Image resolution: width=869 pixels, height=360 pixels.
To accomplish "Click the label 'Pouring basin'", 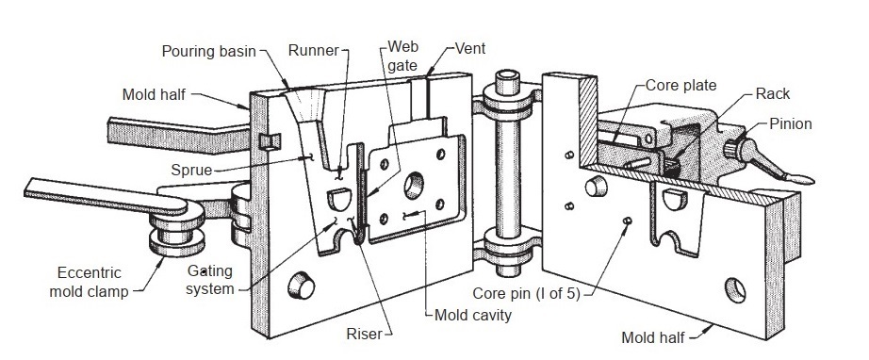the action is pos(208,52).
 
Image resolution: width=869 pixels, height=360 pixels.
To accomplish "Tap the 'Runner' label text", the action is pos(313,50).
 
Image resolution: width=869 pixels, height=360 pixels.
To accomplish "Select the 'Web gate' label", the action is pos(402,56).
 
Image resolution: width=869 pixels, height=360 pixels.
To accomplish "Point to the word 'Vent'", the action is pos(470,49).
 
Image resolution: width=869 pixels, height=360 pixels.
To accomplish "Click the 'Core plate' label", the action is pos(681,86).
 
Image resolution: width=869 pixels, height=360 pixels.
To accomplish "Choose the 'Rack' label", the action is pos(773,94).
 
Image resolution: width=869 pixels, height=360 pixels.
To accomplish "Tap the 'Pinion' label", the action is pos(791,124).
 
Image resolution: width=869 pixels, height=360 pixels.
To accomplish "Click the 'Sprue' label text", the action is pos(191,170).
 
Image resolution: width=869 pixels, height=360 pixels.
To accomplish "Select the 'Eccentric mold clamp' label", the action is pos(89,282).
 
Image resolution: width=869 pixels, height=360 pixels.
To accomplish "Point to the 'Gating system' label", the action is pos(209,280).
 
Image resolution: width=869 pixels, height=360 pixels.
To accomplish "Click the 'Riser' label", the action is pos(364,334).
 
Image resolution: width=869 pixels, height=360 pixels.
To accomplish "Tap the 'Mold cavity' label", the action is pos(473,315).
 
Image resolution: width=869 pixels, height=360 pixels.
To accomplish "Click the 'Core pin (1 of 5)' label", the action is pos(526,293).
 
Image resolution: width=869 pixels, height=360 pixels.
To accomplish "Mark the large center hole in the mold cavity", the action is pos(414,186).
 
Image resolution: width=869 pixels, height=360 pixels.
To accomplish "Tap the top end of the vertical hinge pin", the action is pos(507,75).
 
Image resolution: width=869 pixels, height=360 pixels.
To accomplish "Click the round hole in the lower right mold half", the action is pos(735,291).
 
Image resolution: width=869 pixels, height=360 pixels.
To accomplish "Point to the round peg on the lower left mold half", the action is pos(302,286).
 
